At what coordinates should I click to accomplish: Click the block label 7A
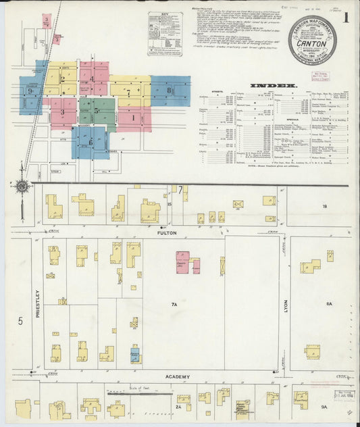tap(174, 305)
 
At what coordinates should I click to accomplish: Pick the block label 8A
tap(329, 305)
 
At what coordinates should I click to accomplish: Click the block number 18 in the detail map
tap(324, 206)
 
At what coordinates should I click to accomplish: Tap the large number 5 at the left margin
tap(20, 321)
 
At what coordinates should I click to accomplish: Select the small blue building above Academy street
tap(135, 354)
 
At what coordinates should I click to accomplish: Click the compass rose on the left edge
tap(22, 186)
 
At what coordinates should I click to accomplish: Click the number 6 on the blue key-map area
tap(91, 143)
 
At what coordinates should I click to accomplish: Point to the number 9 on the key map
tap(30, 91)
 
